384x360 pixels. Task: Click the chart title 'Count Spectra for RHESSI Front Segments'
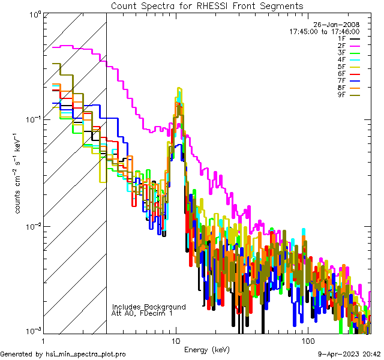coord(207,6)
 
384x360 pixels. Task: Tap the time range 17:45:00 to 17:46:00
coord(324,31)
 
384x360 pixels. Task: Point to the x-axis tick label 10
coord(175,340)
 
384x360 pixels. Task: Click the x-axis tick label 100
coord(307,340)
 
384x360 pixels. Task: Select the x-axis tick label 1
coord(43,340)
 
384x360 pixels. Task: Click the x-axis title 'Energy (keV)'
coord(207,349)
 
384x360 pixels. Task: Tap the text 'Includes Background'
coord(149,307)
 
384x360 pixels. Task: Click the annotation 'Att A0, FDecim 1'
coord(142,313)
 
